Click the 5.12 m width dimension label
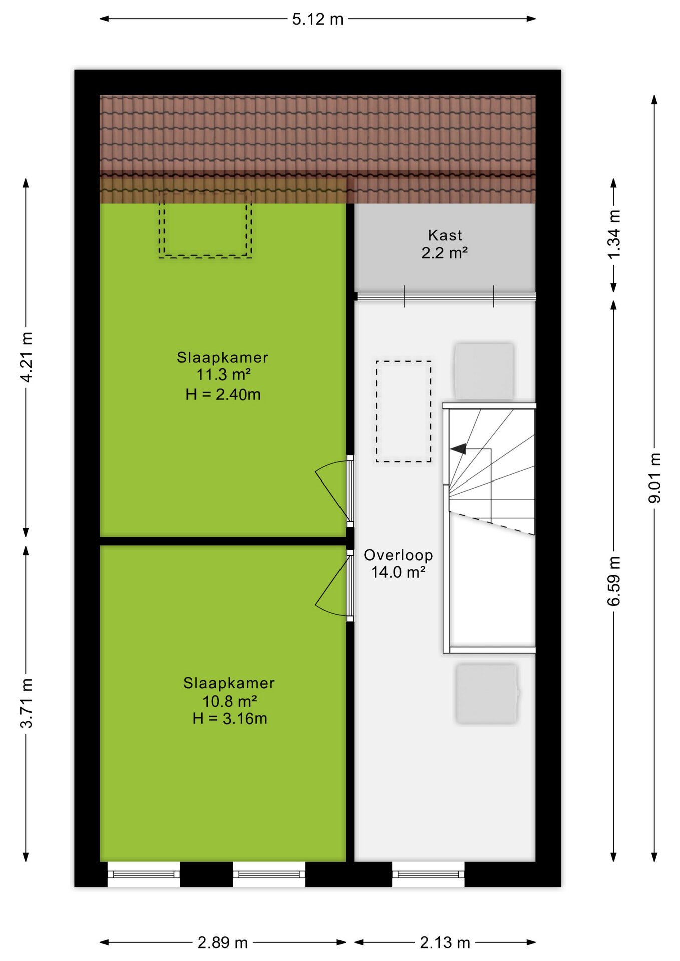click(317, 19)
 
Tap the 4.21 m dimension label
click(26, 357)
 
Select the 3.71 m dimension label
click(26, 703)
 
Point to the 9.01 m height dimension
click(654, 478)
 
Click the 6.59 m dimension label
click(614, 581)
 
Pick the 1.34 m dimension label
click(614, 234)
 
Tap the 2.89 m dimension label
click(223, 943)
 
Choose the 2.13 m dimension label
click(445, 943)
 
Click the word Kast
click(445, 235)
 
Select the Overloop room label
click(398, 555)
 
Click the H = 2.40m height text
click(223, 394)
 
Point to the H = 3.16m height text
click(230, 718)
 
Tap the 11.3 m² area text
click(223, 374)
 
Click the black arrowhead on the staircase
click(458, 449)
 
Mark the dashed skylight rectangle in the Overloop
click(404, 411)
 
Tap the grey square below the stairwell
click(487, 694)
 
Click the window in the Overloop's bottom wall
click(428, 874)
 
